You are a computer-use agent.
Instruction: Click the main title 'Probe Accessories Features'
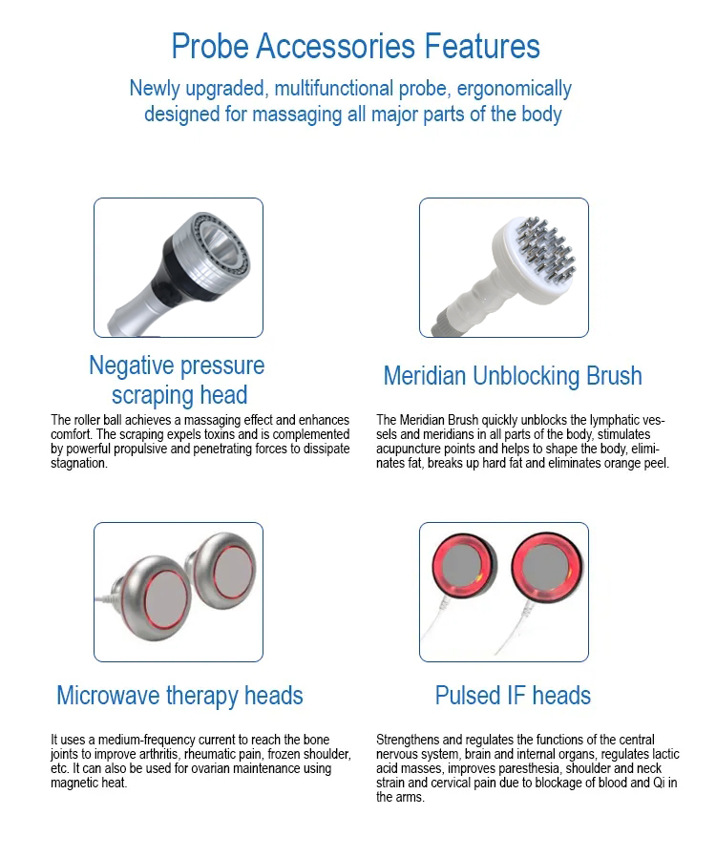pyautogui.click(x=356, y=46)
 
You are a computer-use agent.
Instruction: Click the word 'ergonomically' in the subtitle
pyautogui.click(x=515, y=89)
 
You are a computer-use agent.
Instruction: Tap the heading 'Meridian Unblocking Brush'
pyautogui.click(x=513, y=376)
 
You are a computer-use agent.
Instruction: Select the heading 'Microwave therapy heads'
pyautogui.click(x=179, y=696)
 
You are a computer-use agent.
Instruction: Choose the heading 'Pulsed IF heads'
pyautogui.click(x=513, y=696)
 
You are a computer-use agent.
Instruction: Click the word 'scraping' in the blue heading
pyautogui.click(x=153, y=395)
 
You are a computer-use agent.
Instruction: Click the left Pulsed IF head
pyautogui.click(x=464, y=567)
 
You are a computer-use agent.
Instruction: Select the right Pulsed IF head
pyautogui.click(x=548, y=567)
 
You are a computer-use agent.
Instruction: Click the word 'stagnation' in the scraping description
pyautogui.click(x=78, y=464)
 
